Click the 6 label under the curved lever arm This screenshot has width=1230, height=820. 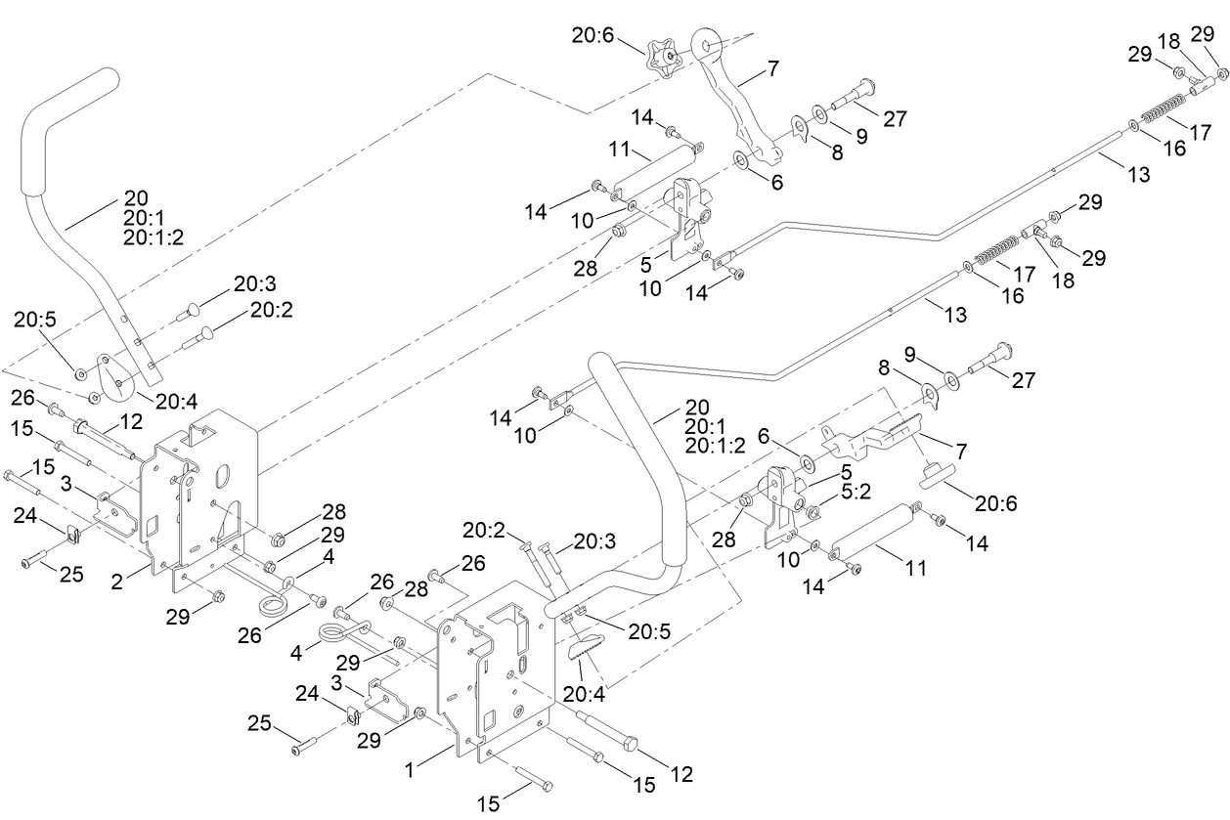[x=775, y=181]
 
